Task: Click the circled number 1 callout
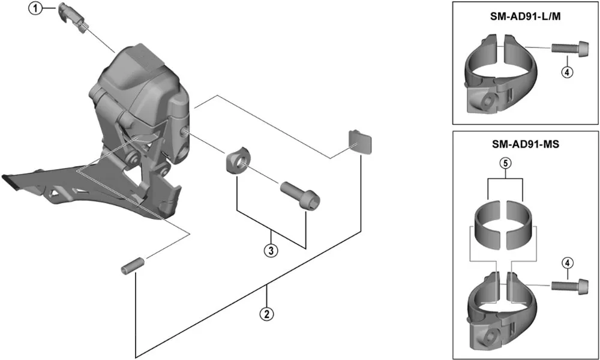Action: pyautogui.click(x=35, y=8)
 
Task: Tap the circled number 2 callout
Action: pyautogui.click(x=267, y=314)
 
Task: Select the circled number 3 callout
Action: pyautogui.click(x=271, y=251)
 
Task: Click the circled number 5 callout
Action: pyautogui.click(x=505, y=163)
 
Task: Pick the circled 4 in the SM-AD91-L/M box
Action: pyautogui.click(x=567, y=71)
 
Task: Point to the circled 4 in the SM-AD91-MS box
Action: pyautogui.click(x=567, y=263)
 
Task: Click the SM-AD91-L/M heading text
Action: pyautogui.click(x=526, y=18)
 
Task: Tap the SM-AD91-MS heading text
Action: pyautogui.click(x=526, y=144)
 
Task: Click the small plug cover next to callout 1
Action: pyautogui.click(x=73, y=17)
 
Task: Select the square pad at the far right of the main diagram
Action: pyautogui.click(x=361, y=142)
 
